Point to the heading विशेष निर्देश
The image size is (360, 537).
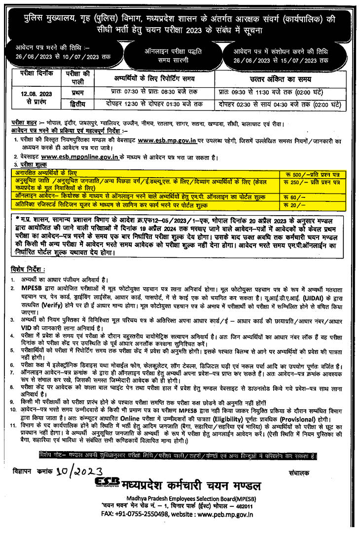tap(28, 269)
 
